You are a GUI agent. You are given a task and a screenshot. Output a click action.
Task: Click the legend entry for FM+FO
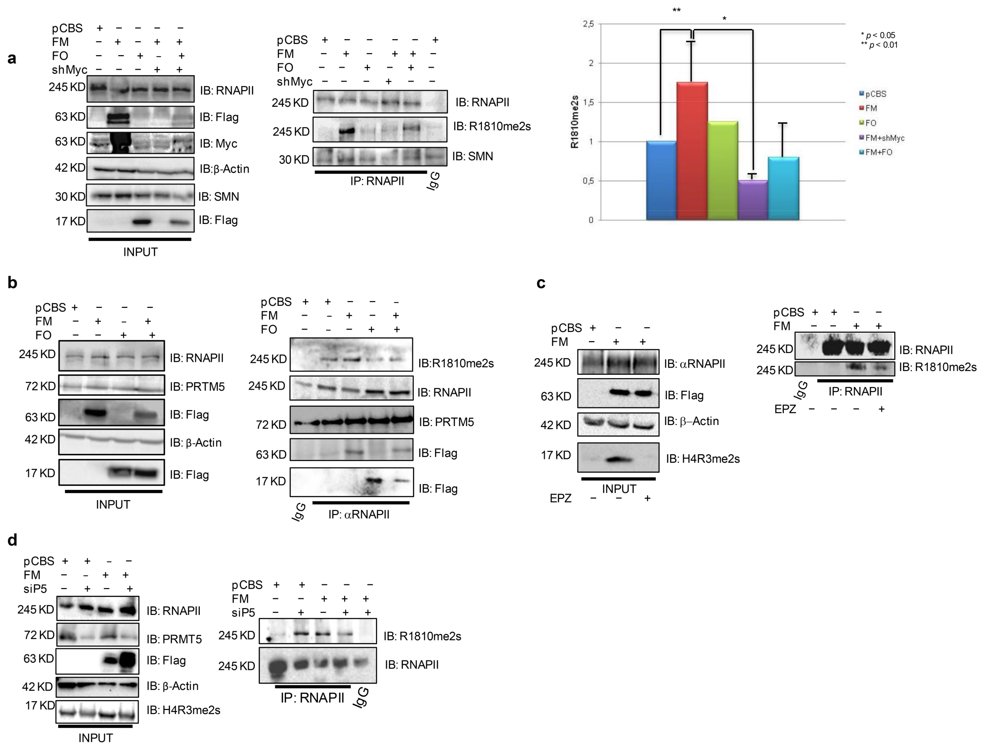tap(878, 152)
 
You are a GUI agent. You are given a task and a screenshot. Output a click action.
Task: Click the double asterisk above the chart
tap(676, 10)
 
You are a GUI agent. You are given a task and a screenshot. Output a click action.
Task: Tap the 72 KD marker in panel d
tap(39, 635)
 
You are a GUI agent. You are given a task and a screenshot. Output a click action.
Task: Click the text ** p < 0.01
tap(879, 45)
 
